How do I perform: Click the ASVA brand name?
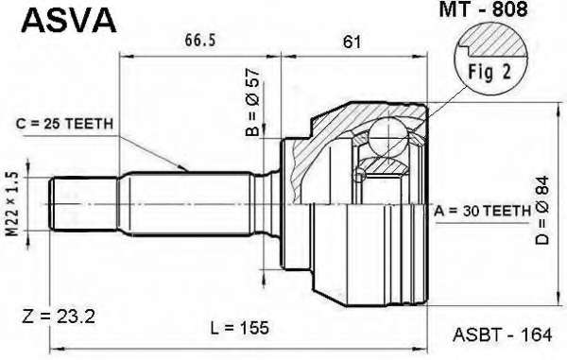(x=69, y=20)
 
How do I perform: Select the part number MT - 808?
(x=484, y=9)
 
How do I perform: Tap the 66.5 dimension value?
(x=200, y=40)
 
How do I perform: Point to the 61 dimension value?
(x=352, y=42)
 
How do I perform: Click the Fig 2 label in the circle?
(x=490, y=72)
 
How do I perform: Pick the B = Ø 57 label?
(x=252, y=102)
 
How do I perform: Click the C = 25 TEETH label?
(x=64, y=124)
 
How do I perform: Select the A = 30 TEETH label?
(x=482, y=211)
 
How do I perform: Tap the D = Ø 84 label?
(x=542, y=210)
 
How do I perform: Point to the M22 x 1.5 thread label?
(x=13, y=204)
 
